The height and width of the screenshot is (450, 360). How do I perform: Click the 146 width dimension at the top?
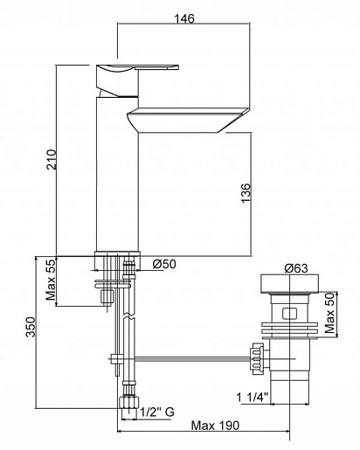183,18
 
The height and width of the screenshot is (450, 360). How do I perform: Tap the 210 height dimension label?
52,159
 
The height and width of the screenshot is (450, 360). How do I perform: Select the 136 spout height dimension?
246,192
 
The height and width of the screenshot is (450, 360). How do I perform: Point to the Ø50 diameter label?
164,264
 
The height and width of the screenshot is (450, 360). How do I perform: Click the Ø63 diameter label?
296,268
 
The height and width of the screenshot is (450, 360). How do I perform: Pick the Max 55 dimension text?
51,280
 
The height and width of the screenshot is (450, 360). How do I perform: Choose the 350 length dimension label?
31,327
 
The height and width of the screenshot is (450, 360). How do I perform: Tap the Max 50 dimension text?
329,313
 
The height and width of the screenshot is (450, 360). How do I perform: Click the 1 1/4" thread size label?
253,397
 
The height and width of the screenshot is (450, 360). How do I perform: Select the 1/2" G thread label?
157,412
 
